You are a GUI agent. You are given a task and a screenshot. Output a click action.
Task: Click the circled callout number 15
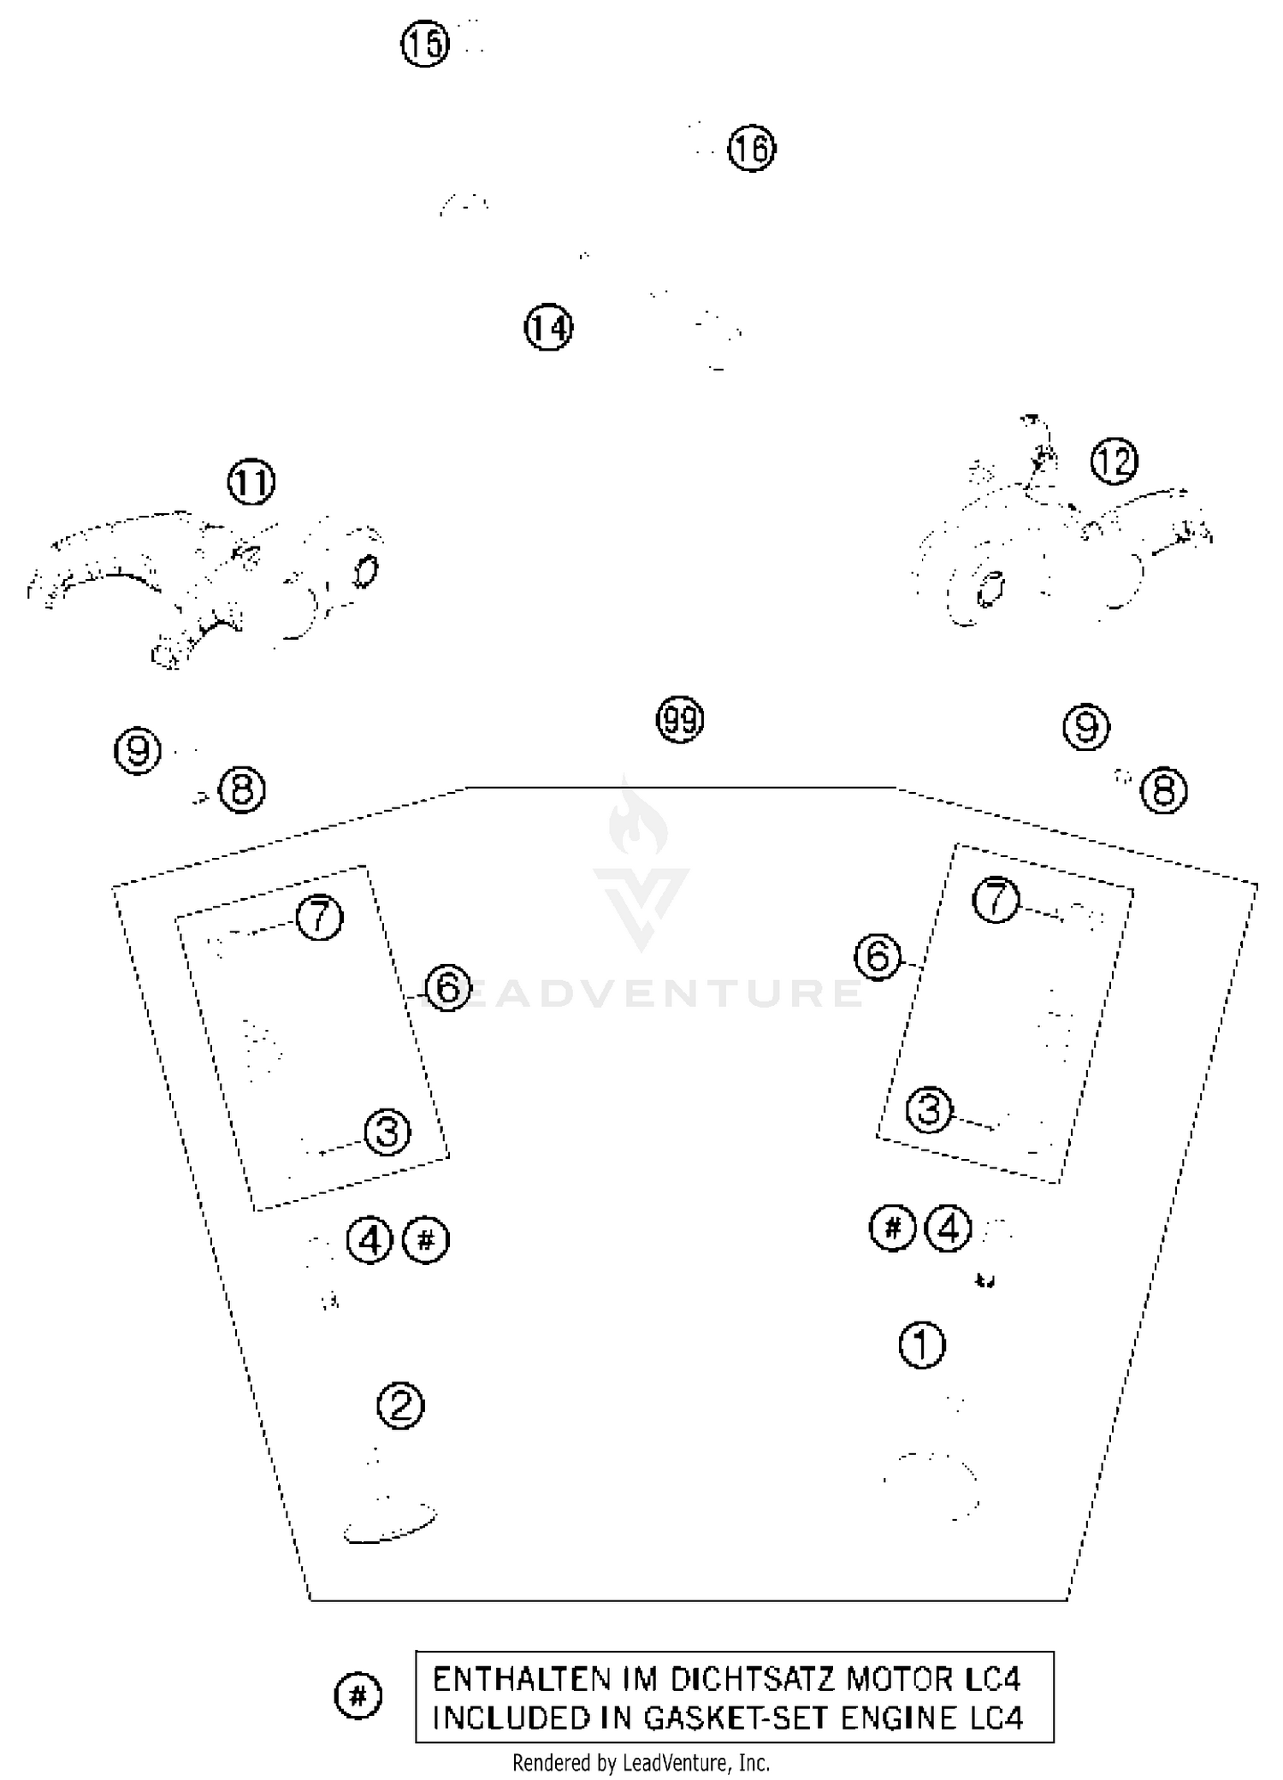tap(425, 43)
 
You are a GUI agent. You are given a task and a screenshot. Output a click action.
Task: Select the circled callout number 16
tap(752, 149)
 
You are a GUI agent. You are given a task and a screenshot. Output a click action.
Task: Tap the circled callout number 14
tap(548, 328)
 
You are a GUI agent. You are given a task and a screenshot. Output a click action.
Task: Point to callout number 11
tap(251, 483)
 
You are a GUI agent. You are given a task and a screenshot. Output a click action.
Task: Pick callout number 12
tap(1114, 462)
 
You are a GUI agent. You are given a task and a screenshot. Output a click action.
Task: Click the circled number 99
tap(680, 720)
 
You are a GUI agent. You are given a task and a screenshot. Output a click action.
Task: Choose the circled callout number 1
tap(922, 1345)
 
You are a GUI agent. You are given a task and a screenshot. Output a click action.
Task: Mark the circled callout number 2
tap(400, 1405)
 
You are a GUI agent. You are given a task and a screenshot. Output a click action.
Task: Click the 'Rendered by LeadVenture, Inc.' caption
tap(641, 1763)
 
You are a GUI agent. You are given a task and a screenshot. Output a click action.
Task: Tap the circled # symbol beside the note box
tap(358, 1695)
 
